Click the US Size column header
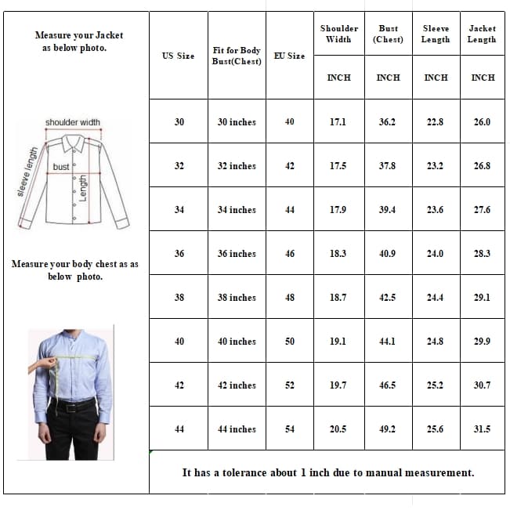click(x=178, y=56)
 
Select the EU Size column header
click(x=289, y=56)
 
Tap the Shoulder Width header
click(x=338, y=34)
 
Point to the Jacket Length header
click(x=482, y=34)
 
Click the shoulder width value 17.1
click(x=338, y=122)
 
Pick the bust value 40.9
click(x=388, y=254)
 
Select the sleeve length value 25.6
click(x=435, y=429)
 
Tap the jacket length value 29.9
click(x=482, y=342)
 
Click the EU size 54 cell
click(x=289, y=429)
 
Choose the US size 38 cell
click(x=179, y=298)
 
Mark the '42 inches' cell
click(x=237, y=385)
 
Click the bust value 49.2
click(x=388, y=429)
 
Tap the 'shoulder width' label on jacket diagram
click(x=72, y=122)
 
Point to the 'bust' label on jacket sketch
click(x=61, y=167)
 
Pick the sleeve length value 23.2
click(x=435, y=166)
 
